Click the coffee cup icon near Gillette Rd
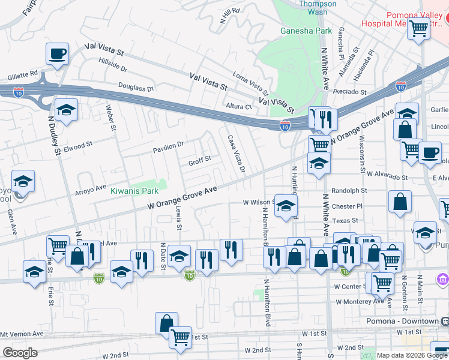pyautogui.click(x=58, y=54)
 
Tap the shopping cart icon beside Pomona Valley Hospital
pyautogui.click(x=418, y=27)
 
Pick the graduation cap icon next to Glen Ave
pyautogui.click(x=23, y=181)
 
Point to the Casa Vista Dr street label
pyautogui.click(x=236, y=153)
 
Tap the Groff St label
pyautogui.click(x=200, y=160)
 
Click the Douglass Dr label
pyautogui.click(x=132, y=88)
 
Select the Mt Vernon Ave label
pyautogui.click(x=22, y=334)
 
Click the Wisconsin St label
pyautogui.click(x=362, y=153)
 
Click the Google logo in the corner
pyautogui.click(x=20, y=353)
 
